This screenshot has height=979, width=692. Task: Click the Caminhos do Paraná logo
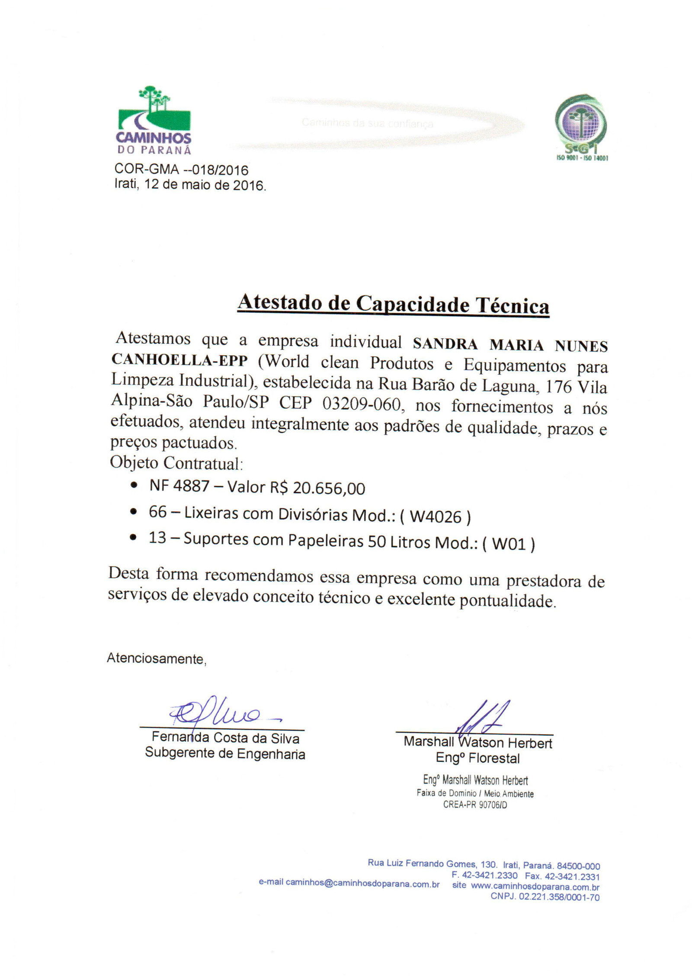pyautogui.click(x=154, y=120)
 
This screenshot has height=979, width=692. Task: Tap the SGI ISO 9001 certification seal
pyautogui.click(x=581, y=126)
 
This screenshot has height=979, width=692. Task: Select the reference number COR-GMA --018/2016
pyautogui.click(x=181, y=169)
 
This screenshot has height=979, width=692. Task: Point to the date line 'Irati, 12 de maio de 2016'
pyautogui.click(x=190, y=185)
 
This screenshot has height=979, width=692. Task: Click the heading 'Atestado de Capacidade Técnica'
pyautogui.click(x=393, y=304)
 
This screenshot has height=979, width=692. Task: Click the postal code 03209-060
pyautogui.click(x=362, y=404)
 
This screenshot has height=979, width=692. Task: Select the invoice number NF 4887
pyautogui.click(x=179, y=486)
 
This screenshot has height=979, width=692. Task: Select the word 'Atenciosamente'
pyautogui.click(x=156, y=658)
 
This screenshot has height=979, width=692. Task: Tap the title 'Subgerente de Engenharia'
pyautogui.click(x=225, y=753)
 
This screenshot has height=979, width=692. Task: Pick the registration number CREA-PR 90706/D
pyautogui.click(x=474, y=805)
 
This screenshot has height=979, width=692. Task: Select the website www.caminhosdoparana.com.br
pyautogui.click(x=535, y=886)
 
